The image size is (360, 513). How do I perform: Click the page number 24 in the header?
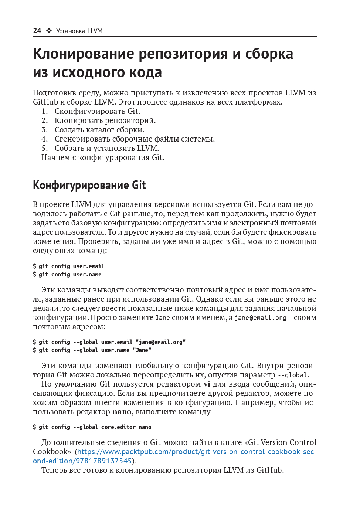click(x=37, y=31)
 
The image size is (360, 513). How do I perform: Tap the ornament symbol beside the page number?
click(x=49, y=31)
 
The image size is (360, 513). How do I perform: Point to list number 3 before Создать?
click(x=44, y=130)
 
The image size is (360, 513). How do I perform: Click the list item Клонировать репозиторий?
click(x=105, y=120)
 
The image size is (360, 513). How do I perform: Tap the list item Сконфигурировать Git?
click(x=97, y=111)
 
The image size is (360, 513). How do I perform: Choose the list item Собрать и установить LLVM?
click(x=106, y=148)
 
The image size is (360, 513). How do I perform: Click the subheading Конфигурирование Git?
click(x=89, y=185)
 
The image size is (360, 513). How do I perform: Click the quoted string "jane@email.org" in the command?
click(x=160, y=342)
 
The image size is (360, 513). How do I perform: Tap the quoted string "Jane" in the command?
click(x=142, y=350)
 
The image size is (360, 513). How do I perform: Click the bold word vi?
click(x=207, y=384)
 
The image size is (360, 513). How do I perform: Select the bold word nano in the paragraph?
click(x=122, y=412)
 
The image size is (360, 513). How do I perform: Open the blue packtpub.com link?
click(x=196, y=452)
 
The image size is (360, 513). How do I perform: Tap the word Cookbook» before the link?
click(x=52, y=452)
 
